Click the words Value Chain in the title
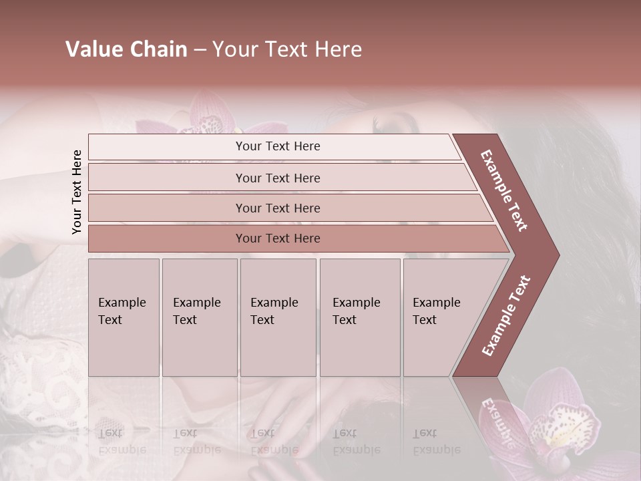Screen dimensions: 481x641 coord(126,49)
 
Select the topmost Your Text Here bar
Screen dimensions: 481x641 coord(277,146)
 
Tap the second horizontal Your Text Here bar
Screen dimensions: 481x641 coord(277,178)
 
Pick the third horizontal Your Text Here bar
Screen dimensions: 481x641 coord(277,208)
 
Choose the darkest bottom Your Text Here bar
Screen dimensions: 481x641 coord(277,238)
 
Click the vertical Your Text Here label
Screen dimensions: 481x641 coord(77,192)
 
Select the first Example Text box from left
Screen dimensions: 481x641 coord(124,317)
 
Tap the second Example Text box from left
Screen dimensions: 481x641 coord(199,317)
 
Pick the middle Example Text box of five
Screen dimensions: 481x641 coord(278,317)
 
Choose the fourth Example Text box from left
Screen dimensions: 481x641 coord(359,317)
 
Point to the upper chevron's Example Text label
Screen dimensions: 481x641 coord(504,190)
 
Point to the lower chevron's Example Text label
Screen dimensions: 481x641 coord(506,315)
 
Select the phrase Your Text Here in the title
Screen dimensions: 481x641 coord(287,49)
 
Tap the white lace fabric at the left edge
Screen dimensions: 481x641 coord(33,374)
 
